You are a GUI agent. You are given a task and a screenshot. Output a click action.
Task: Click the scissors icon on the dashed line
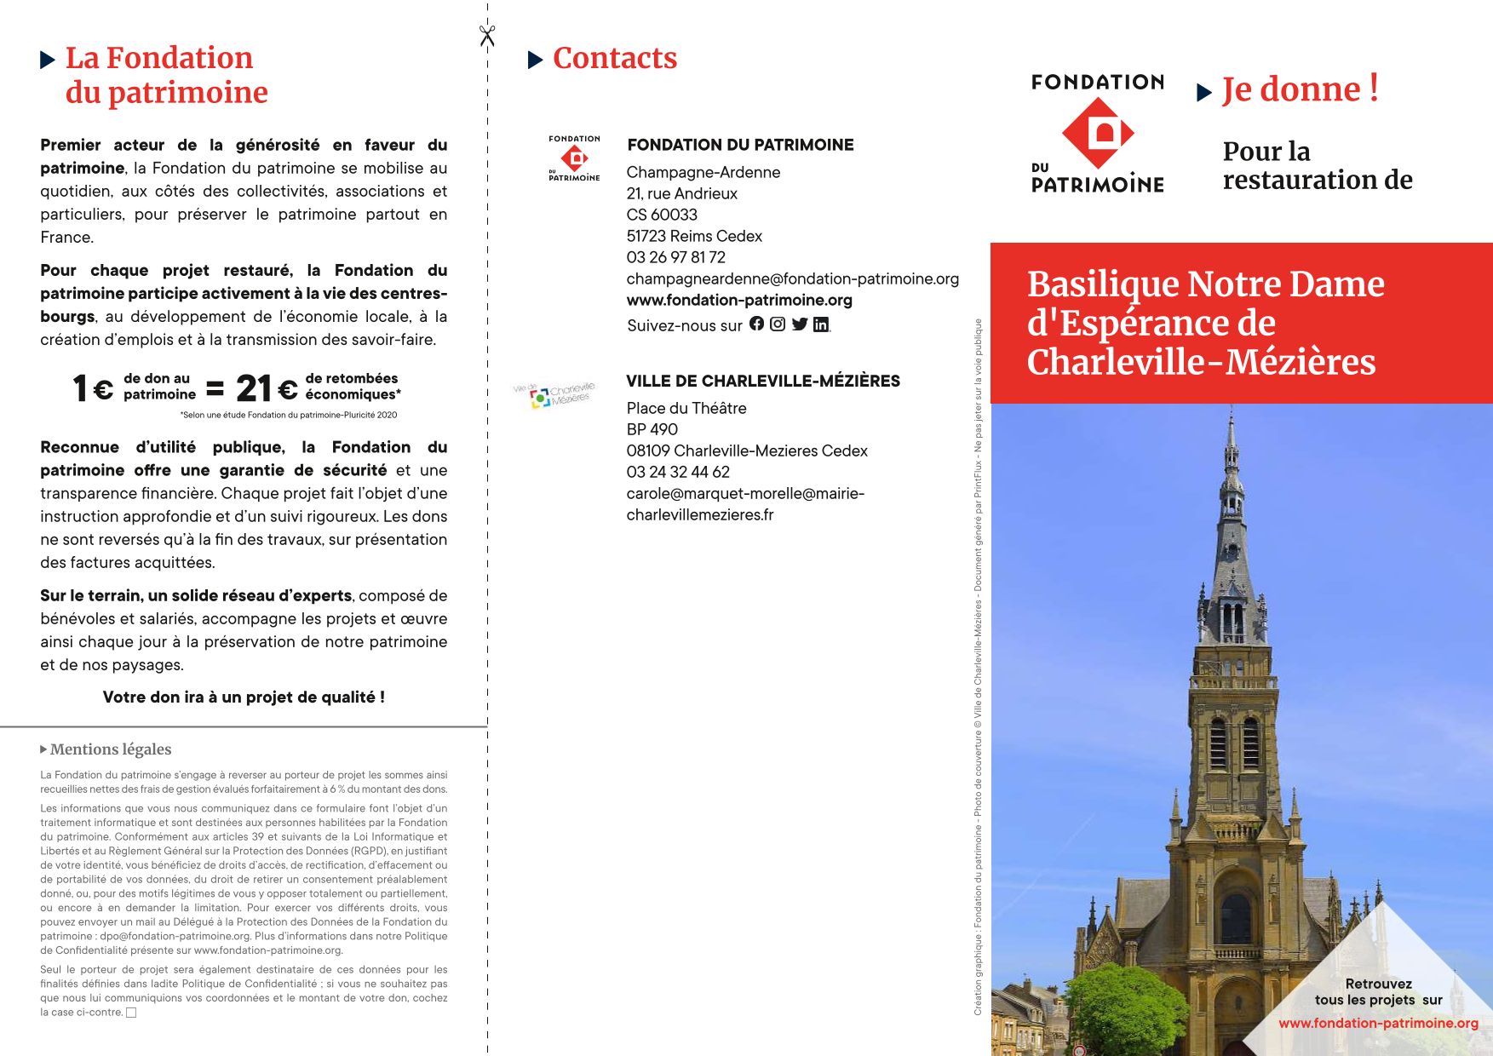coord(487,36)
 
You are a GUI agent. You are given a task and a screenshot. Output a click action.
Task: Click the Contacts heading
coord(614,58)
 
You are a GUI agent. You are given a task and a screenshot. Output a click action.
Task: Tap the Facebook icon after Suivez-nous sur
coord(756,324)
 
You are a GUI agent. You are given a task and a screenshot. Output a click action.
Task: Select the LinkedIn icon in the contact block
coord(820,324)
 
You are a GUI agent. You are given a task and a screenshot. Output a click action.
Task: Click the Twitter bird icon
coord(799,324)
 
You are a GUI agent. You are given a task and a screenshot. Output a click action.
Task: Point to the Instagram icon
coord(778,324)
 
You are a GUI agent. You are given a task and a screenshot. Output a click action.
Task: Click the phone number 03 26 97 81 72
coord(675,257)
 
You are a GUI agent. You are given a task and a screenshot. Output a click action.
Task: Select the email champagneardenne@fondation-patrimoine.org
coord(792,278)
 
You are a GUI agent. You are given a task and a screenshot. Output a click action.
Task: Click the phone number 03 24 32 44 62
coord(678,472)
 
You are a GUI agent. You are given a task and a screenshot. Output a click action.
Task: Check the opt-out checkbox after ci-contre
coord(131,1013)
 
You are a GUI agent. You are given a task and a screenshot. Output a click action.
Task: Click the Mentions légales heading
coord(110,749)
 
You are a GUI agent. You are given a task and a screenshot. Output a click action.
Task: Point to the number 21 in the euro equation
coord(253,388)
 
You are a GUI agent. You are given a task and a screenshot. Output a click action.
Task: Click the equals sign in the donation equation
coord(215,389)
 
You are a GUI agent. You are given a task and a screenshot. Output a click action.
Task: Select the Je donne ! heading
coord(1300,89)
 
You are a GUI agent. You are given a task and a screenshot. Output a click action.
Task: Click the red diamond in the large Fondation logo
coord(1098,133)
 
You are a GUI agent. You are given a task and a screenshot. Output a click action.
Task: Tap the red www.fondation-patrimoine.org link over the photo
coord(1378,1023)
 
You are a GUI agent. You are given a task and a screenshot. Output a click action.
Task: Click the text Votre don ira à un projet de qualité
coord(244,697)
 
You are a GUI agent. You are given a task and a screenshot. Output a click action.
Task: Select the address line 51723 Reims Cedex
coord(694,236)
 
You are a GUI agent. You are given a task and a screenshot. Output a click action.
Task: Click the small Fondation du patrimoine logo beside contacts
coord(574,158)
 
